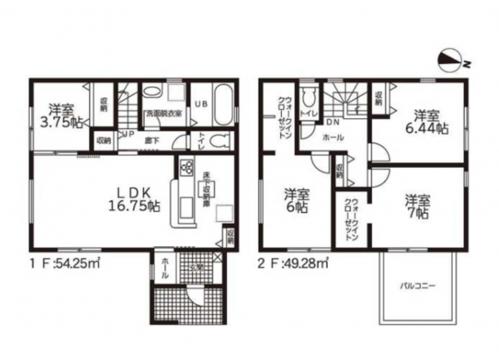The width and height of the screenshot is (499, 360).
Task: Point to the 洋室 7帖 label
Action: (x=418, y=207)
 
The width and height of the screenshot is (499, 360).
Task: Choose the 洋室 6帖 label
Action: (x=294, y=201)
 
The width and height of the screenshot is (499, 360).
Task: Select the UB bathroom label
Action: (x=200, y=104)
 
